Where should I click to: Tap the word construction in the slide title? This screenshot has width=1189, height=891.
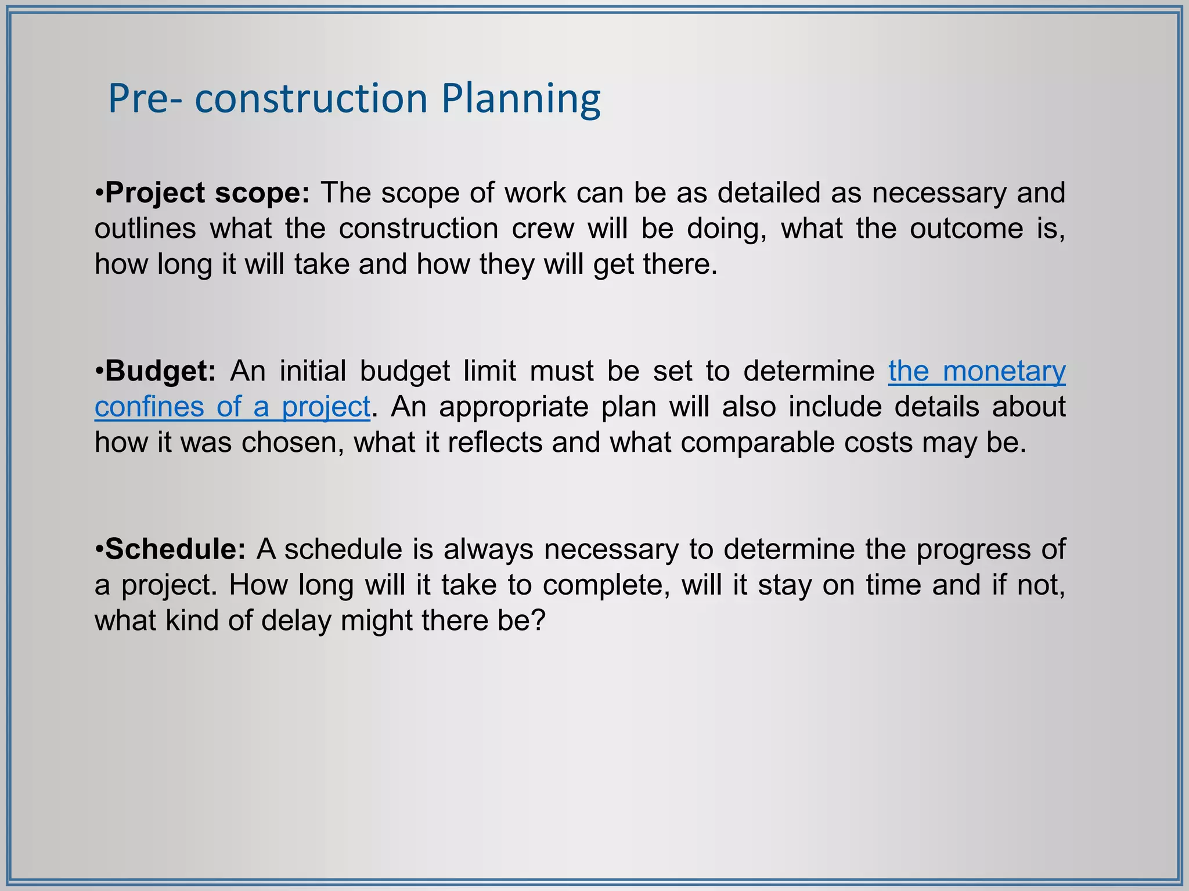[311, 99]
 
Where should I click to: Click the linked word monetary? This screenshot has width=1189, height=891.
[1004, 371]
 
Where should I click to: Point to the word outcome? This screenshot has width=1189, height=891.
[966, 229]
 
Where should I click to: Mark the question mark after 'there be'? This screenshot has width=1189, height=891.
[539, 620]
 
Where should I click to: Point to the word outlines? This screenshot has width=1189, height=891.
[145, 229]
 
